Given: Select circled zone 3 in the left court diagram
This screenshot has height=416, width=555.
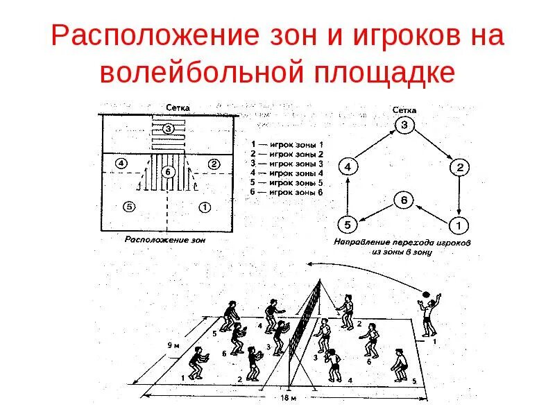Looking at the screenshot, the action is point(169,128).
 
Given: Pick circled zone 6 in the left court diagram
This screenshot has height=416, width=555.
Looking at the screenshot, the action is point(167,171).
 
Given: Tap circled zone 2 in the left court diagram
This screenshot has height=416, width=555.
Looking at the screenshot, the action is point(214,164).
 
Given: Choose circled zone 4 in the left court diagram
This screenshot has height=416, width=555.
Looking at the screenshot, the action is point(121,164).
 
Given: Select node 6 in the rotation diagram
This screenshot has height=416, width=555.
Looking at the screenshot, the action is point(404,200).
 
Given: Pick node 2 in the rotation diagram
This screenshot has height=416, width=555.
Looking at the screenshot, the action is point(459,167).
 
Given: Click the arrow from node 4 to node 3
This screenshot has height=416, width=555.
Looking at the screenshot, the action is point(375,146).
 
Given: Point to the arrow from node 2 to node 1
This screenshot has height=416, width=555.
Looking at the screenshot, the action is point(459,196).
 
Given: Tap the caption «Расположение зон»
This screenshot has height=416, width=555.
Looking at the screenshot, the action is point(166,239).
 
